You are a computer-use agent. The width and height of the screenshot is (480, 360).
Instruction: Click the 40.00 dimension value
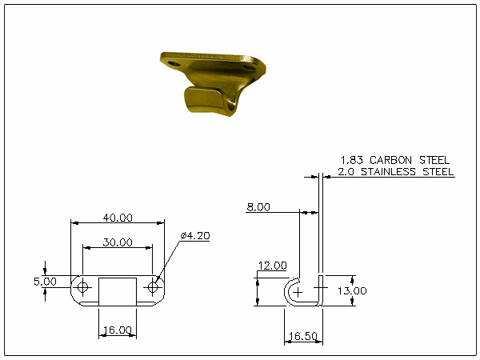click(x=118, y=218)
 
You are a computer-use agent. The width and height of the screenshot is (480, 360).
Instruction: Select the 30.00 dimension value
click(x=118, y=242)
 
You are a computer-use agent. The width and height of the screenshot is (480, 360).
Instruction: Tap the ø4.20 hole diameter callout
click(x=195, y=235)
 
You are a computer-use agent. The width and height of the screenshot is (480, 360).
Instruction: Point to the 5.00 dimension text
click(x=45, y=282)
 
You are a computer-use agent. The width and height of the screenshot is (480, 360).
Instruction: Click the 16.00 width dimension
click(x=118, y=330)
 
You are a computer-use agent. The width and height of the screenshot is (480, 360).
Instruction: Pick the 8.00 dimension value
click(x=258, y=207)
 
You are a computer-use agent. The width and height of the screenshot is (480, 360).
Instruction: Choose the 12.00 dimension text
click(x=273, y=266)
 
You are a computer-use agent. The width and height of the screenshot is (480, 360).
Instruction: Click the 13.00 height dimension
click(x=352, y=290)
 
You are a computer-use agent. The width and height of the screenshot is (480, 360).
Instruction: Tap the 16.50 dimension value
click(x=303, y=336)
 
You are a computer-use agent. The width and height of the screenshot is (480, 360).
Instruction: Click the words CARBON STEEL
click(x=410, y=160)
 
